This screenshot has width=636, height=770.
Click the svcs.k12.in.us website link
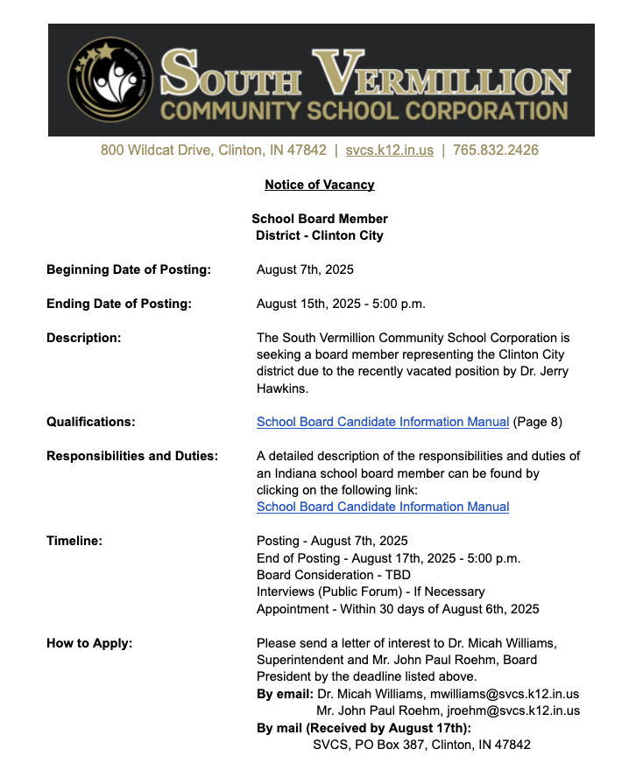389,150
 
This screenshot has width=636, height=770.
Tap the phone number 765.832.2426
495,150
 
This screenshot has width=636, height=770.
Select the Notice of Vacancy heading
319,185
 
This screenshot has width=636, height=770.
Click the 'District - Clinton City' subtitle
319,235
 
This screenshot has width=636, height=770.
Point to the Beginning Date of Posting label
128,269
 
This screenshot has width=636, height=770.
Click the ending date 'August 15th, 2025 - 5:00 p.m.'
340,304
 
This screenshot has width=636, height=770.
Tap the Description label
83,338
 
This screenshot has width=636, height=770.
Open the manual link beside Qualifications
382,422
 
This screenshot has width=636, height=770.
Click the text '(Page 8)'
537,422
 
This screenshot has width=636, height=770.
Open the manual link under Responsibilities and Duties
382,507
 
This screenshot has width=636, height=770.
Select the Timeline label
74,541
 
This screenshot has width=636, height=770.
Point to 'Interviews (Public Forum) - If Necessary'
370,591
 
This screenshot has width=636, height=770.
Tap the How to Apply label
89,643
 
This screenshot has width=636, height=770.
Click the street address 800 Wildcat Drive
213,150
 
